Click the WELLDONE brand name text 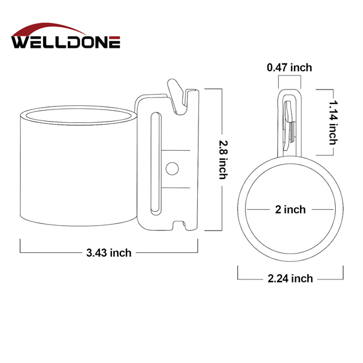[65, 42]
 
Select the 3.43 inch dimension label [109, 253]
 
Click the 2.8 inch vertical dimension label [223, 160]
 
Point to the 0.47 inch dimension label [289, 68]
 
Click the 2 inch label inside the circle [290, 210]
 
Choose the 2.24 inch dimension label [290, 278]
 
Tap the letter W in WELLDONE [21, 42]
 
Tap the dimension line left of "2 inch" [257, 210]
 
